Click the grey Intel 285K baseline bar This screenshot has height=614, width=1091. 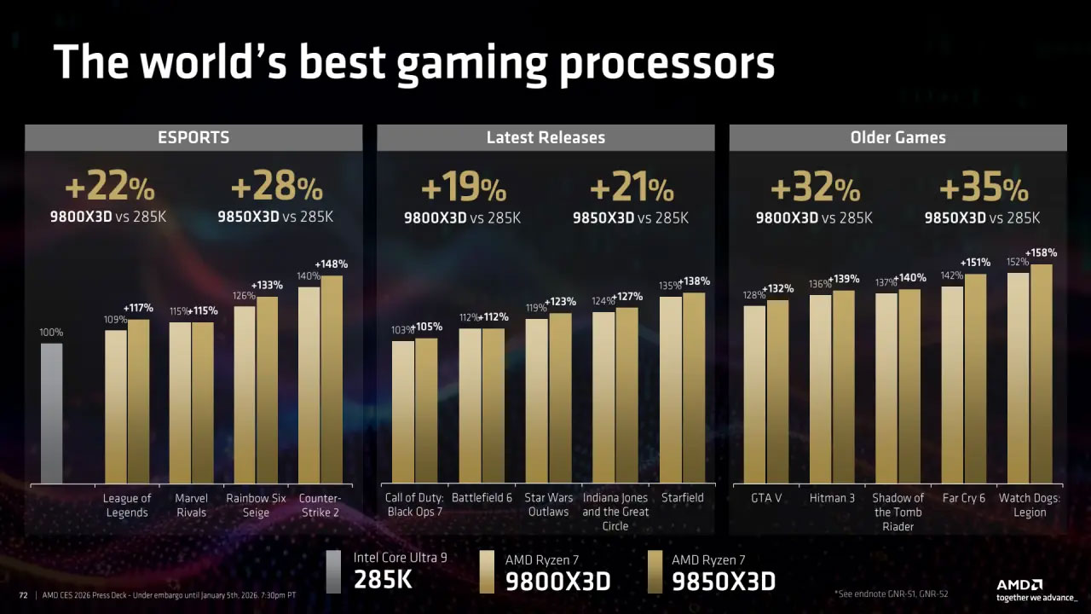pos(52,414)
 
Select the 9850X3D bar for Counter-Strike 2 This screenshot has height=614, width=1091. pos(332,379)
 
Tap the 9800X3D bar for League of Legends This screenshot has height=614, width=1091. pos(116,407)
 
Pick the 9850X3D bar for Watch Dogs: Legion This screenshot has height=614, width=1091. pos(1041,374)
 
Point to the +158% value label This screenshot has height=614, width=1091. pos(1041,253)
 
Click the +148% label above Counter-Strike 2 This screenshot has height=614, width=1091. pos(332,264)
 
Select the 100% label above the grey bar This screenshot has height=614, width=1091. pos(51,333)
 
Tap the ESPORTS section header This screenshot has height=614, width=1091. pos(193,137)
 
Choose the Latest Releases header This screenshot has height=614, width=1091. pos(545,137)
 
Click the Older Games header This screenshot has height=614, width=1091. pos(898,137)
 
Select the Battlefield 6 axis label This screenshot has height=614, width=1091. pos(482,498)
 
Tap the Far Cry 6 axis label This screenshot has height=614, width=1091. pos(963,498)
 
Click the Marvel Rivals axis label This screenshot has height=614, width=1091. pos(191,505)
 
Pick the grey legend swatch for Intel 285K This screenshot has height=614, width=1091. pos(333,571)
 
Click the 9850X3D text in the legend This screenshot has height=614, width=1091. pos(723,582)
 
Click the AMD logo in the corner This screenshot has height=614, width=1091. pos(1019,585)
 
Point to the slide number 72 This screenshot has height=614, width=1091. pos(24,594)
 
